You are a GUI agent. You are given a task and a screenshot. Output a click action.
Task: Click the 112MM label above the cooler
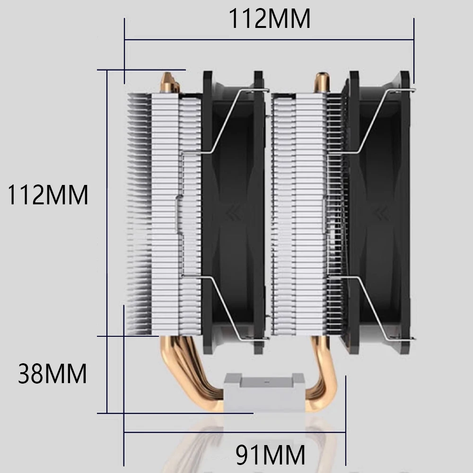(x=270, y=19)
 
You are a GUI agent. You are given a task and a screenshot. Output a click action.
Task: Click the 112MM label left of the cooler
(x=48, y=195)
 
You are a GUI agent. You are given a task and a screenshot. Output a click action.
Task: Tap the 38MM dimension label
(x=52, y=374)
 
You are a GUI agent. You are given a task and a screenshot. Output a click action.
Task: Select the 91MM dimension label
(x=270, y=454)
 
